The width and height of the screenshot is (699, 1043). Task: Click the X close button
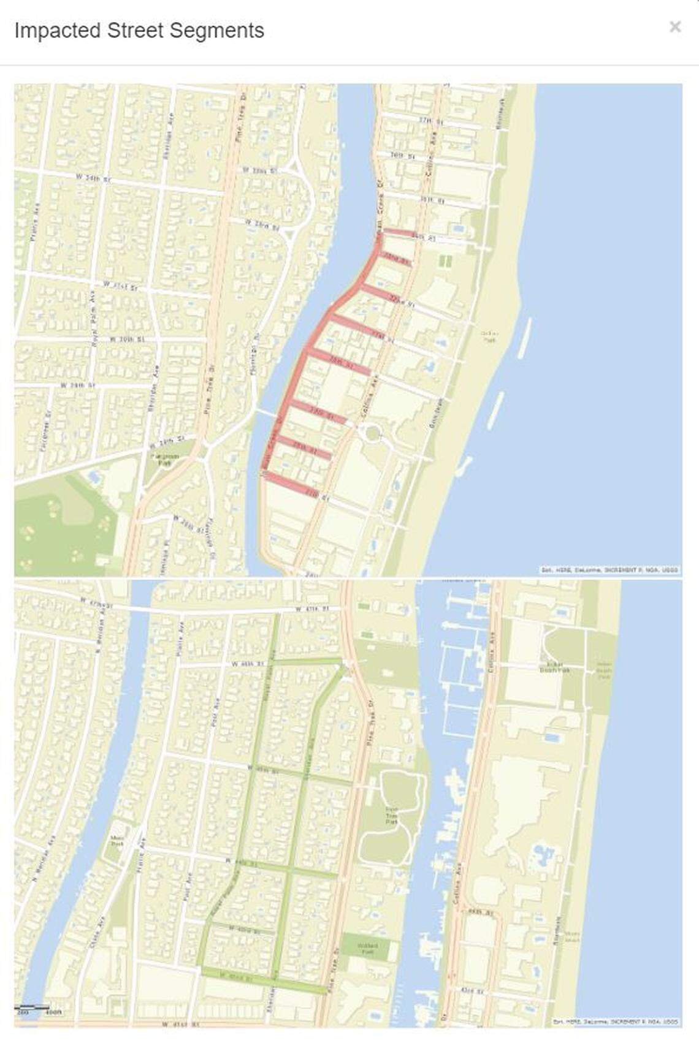pos(675,27)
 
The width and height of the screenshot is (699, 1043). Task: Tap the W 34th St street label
pos(94,178)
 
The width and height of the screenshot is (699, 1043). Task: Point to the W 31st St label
pos(121,285)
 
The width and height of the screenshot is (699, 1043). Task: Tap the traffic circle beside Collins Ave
pos(372,433)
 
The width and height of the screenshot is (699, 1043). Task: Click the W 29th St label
pos(78,385)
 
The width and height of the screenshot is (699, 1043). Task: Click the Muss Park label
pos(117,842)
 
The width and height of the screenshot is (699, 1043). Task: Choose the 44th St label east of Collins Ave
pos(480,912)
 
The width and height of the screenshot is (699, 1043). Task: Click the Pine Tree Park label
pos(392,813)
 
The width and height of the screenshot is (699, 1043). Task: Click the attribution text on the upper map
pos(609,570)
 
